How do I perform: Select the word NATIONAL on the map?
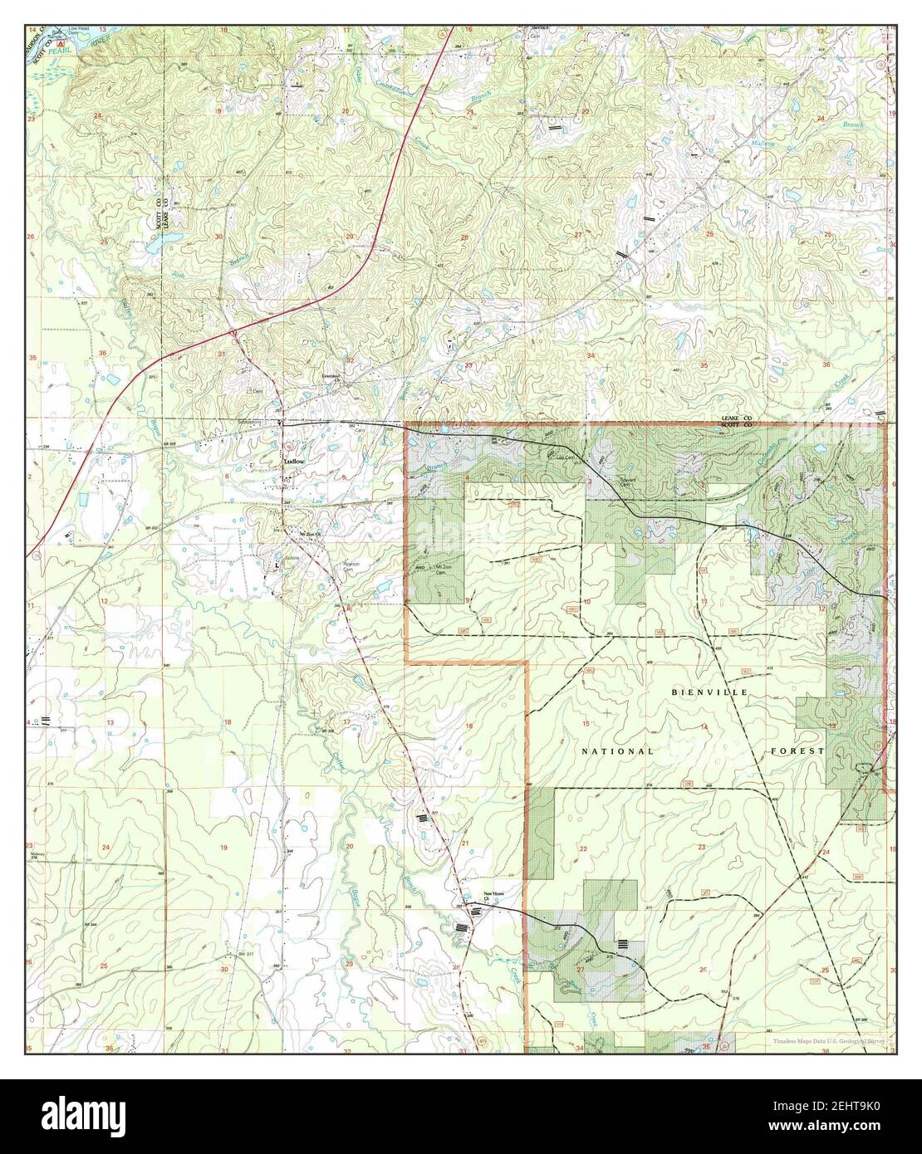(616, 751)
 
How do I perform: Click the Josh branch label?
(177, 272)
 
